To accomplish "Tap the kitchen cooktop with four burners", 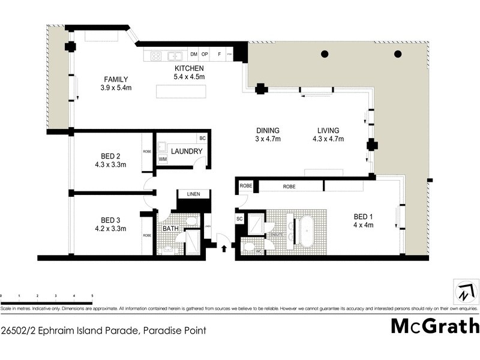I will click(155, 56).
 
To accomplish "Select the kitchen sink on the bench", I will click(176, 56).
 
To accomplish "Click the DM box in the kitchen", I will click(193, 55).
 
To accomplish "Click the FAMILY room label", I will click(116, 80).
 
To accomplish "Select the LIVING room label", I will click(328, 131).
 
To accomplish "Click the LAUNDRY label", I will click(187, 151).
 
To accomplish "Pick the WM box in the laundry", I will click(163, 159).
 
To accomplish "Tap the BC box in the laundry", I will click(202, 139).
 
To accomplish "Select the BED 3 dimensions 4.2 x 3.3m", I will click(110, 228).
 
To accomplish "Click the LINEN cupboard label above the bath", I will click(193, 194).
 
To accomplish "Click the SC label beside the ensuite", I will click(239, 219).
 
